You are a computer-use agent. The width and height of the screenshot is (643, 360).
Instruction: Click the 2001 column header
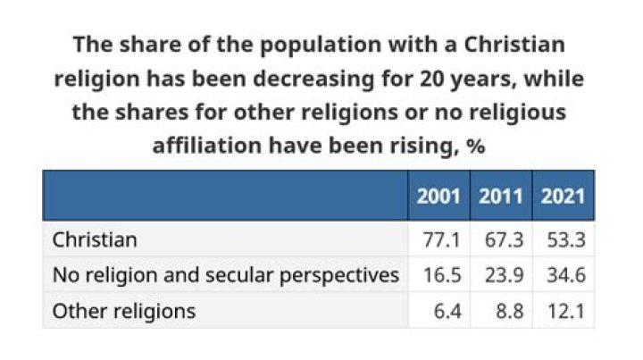click(x=438, y=196)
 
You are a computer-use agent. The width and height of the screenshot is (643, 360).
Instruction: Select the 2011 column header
click(x=500, y=196)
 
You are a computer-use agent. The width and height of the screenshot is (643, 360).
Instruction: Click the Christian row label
click(x=95, y=240)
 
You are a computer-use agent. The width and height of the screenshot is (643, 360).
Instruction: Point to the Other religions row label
click(x=123, y=311)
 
